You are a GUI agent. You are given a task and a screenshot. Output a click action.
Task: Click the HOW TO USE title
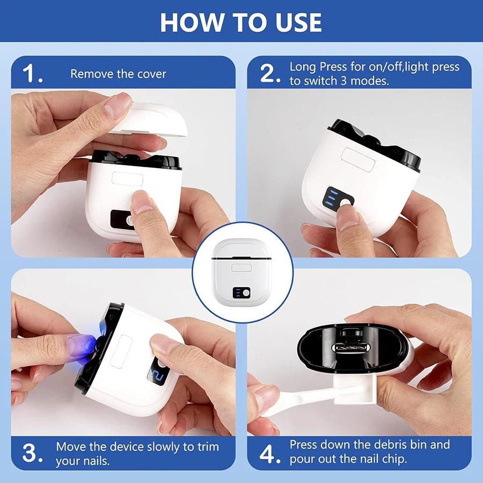[241, 22]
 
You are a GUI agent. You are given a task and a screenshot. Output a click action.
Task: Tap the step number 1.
[33, 74]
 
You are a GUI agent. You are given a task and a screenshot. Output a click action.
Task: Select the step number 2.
[270, 74]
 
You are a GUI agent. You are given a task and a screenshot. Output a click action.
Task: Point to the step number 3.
[33, 452]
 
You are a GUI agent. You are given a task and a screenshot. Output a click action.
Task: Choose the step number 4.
[270, 452]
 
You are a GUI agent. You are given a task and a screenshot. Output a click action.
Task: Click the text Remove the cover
[118, 74]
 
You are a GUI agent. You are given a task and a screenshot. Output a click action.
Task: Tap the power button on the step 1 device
[129, 219]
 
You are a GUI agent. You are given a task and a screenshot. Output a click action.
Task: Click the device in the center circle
[241, 273]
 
